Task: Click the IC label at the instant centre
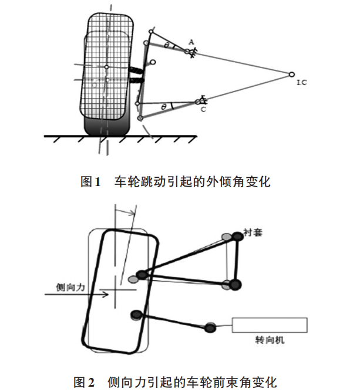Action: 302,83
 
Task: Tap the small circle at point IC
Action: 291,74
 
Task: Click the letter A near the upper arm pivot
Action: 191,42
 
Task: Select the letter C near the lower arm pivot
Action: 203,110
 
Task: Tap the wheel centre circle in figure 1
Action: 106,67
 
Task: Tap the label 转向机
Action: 273,340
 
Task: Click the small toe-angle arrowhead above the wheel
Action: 135,213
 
